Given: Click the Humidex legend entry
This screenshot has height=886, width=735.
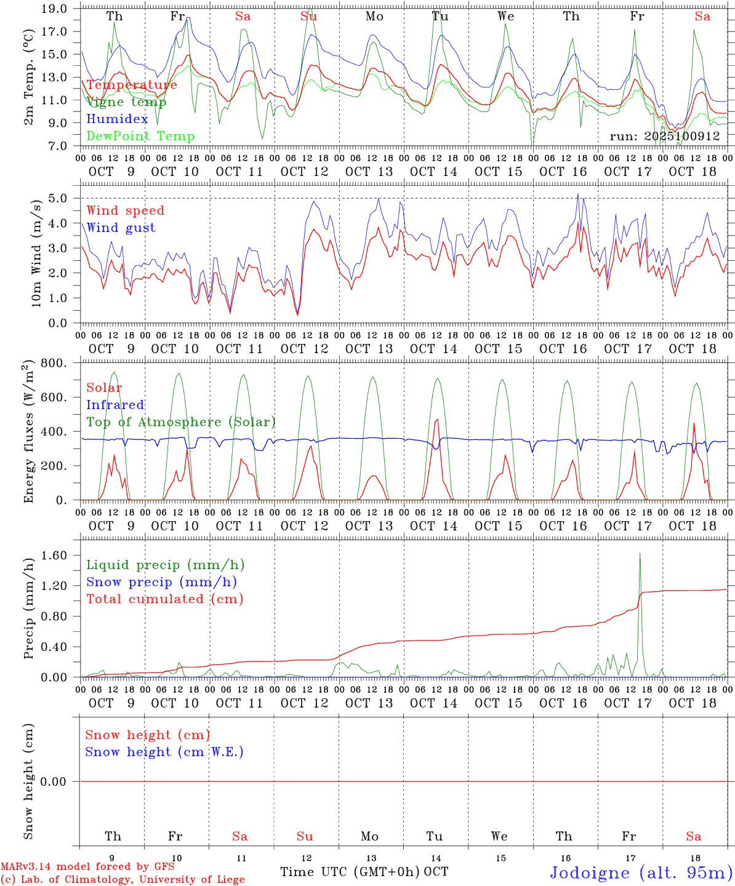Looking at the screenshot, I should (117, 119).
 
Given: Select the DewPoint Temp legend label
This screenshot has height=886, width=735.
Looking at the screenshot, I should (140, 137).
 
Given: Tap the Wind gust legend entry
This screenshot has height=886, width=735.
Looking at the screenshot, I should (121, 228).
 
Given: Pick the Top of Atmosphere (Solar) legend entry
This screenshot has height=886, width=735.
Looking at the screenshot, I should (180, 422).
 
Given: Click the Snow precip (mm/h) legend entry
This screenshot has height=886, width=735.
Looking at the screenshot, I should (161, 582).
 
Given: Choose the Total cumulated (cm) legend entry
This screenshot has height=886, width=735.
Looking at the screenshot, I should (164, 599).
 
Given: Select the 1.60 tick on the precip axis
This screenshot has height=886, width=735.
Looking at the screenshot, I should (58, 556).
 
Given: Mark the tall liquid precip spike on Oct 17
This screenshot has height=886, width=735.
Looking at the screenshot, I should (640, 554).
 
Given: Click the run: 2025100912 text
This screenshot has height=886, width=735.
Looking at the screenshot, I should (664, 137).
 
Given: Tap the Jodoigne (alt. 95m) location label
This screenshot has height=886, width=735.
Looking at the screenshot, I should (641, 872).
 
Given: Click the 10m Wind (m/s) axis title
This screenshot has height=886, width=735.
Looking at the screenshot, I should (36, 252).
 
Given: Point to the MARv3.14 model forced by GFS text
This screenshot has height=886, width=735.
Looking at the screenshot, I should (87, 866).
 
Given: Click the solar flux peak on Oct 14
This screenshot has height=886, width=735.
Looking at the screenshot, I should (436, 420).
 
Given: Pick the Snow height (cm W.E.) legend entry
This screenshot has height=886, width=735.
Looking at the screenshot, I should (164, 752).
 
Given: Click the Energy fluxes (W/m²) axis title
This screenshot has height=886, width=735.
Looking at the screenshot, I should (29, 433).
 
